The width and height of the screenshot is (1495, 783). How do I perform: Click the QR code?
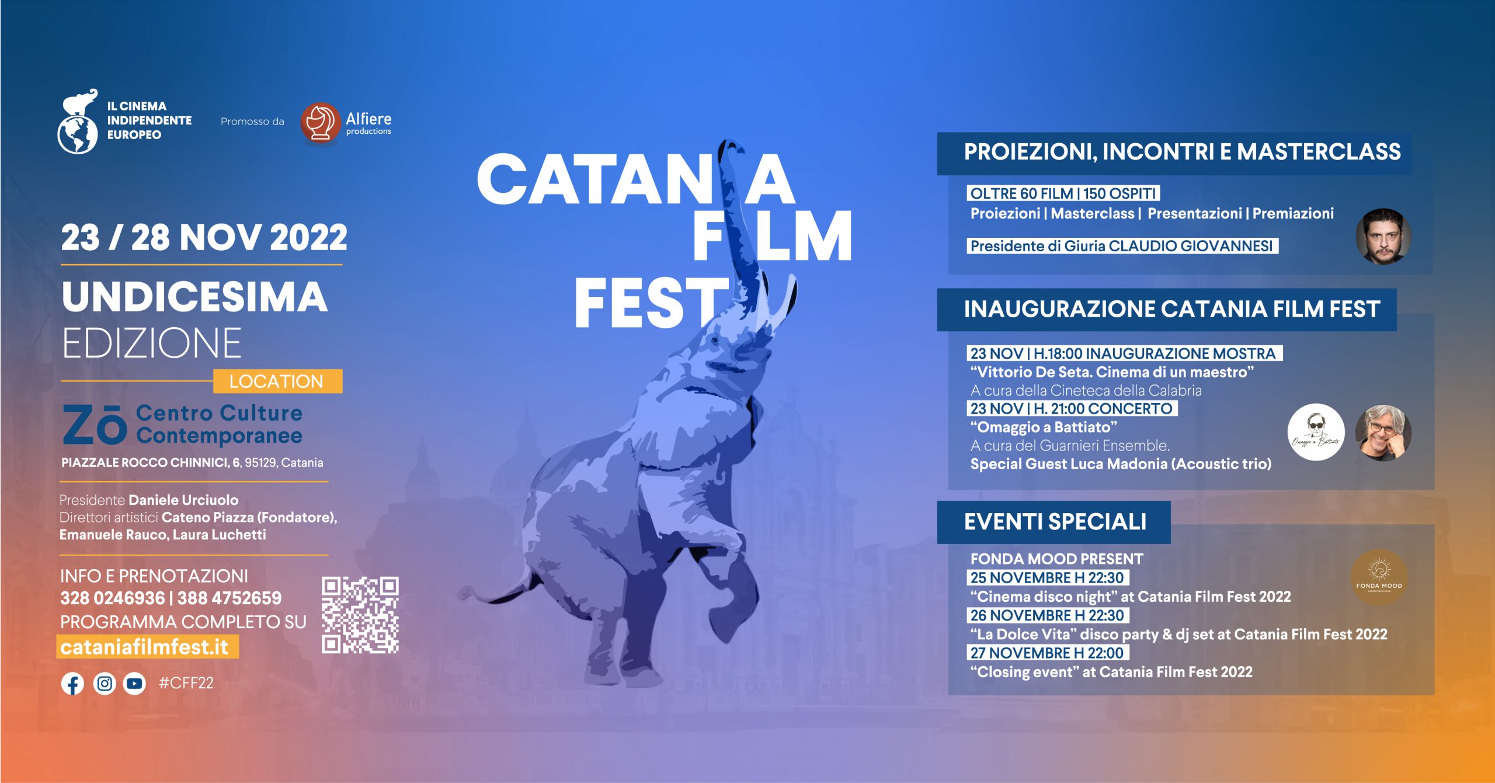(360, 615)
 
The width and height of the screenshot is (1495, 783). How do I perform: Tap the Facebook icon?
(72, 684)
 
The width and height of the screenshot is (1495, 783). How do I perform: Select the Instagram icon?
(105, 684)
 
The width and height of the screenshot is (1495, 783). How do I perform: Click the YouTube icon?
(134, 684)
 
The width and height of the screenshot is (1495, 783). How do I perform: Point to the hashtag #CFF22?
(186, 683)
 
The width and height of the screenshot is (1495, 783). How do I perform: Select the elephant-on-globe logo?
(78, 122)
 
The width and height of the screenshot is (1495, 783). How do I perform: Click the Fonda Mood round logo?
(1379, 577)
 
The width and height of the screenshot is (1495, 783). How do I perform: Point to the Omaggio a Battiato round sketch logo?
(1316, 432)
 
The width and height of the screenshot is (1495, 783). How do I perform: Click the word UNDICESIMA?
(194, 297)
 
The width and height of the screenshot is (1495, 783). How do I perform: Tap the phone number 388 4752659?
(230, 598)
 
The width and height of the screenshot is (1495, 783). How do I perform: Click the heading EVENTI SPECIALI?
(1055, 522)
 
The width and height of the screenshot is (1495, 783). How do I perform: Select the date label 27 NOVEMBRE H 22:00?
(1047, 653)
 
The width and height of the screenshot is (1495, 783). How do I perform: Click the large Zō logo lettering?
(95, 425)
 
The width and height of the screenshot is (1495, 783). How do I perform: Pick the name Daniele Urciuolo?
(183, 500)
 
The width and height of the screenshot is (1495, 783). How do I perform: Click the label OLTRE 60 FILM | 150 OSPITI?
(1063, 193)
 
